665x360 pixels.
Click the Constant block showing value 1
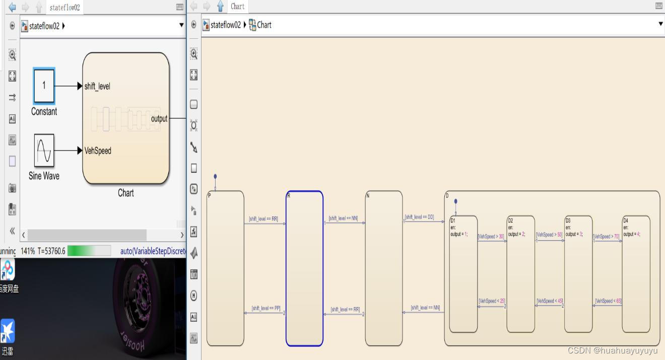(44, 86)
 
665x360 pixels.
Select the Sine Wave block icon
(44, 150)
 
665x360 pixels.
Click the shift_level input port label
(97, 87)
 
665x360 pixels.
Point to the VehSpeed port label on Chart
(98, 151)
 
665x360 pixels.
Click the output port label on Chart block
(159, 119)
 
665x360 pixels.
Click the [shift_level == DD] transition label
(419, 218)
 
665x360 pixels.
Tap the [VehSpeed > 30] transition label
(491, 236)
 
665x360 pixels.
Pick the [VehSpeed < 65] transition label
(608, 301)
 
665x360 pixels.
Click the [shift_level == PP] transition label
(266, 308)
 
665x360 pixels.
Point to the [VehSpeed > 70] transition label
(606, 236)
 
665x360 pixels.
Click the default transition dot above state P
(215, 177)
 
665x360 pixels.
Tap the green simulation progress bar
(89, 251)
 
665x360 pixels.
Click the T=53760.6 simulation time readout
(51, 251)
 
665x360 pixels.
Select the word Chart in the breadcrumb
(264, 25)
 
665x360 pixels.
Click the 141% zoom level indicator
(27, 251)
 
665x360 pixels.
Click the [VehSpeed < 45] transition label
(550, 301)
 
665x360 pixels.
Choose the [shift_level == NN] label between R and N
(343, 219)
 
